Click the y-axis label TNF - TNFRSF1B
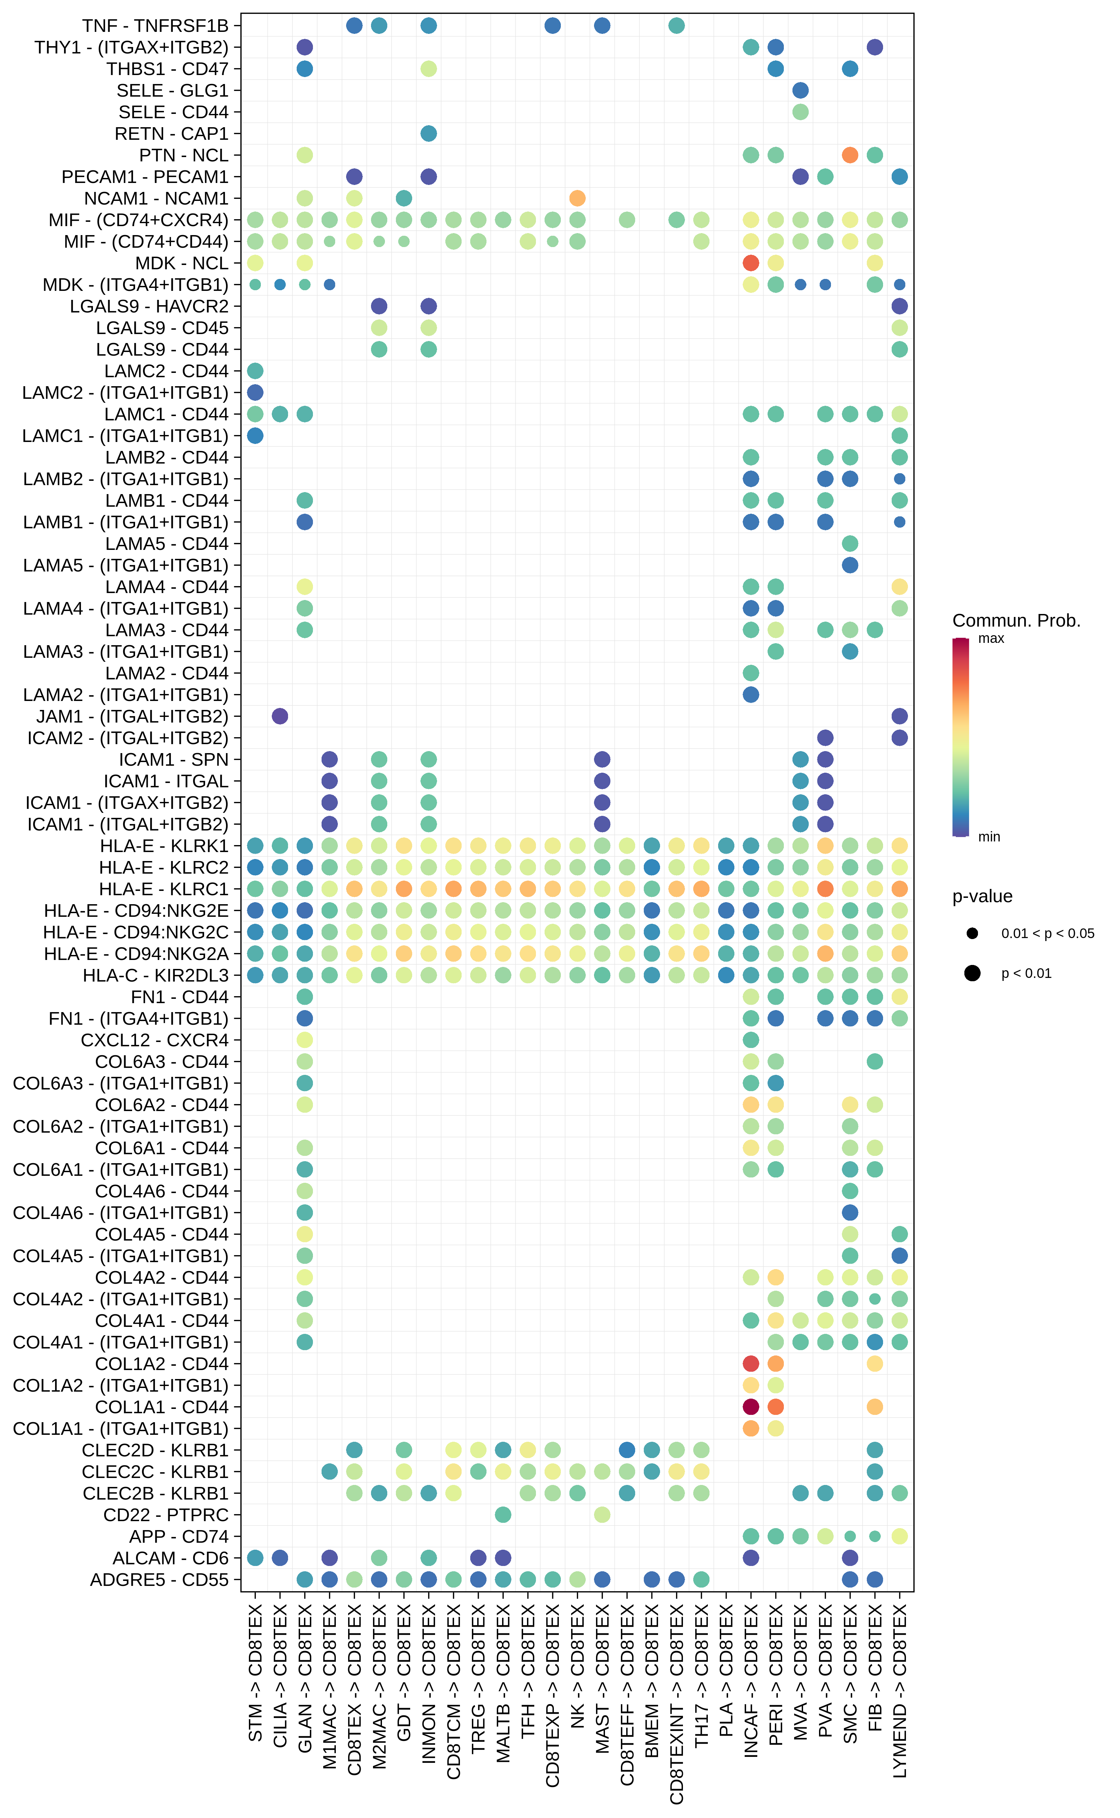tap(156, 26)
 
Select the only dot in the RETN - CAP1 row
tap(428, 133)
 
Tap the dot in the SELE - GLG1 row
tap(800, 90)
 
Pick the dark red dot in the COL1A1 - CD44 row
tap(750, 1407)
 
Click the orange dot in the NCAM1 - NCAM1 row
tap(577, 198)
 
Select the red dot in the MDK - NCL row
tap(750, 263)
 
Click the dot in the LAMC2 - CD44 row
tap(255, 371)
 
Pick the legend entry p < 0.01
tap(1026, 973)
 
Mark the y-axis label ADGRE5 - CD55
tap(159, 1579)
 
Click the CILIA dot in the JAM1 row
tap(280, 716)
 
